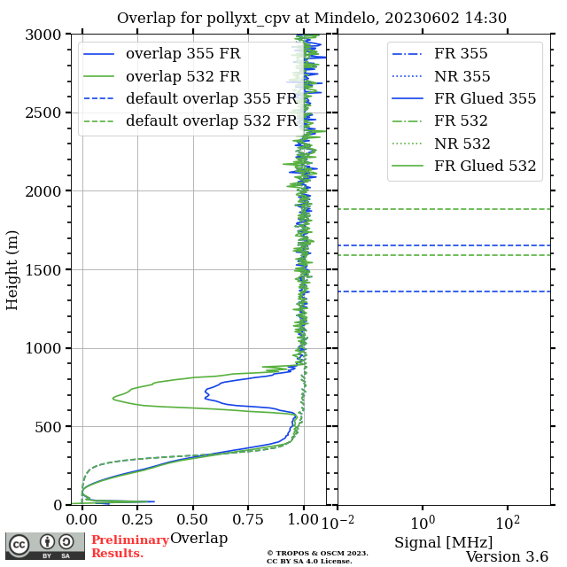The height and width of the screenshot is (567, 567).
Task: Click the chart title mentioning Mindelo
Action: coord(312,18)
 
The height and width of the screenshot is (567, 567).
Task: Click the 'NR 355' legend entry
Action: coord(462,76)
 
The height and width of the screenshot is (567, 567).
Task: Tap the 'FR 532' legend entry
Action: coord(461,121)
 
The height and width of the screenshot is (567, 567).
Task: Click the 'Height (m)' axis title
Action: coord(12,269)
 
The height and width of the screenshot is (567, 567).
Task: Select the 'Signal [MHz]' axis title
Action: coord(443,541)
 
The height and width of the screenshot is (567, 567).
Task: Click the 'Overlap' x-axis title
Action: coord(198,539)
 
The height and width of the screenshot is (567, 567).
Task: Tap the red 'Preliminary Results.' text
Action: coord(129,547)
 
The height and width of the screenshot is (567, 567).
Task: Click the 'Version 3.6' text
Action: coord(507,557)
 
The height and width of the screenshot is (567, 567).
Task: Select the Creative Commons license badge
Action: coord(45,546)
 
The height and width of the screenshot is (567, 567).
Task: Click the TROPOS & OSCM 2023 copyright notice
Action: coord(317,556)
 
